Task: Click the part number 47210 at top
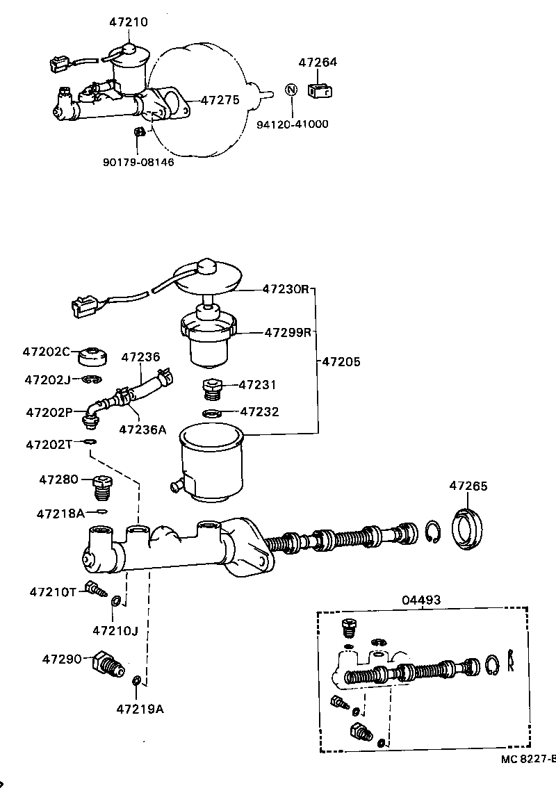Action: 128,22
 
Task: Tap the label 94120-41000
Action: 292,124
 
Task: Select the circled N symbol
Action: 291,90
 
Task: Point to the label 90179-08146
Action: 138,162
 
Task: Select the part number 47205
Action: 341,361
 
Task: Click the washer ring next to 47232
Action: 213,414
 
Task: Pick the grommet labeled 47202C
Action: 93,356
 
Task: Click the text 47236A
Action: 142,429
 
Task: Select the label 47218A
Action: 60,514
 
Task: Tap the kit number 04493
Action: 421,600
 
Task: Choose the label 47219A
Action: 140,709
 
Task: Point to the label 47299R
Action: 287,332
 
